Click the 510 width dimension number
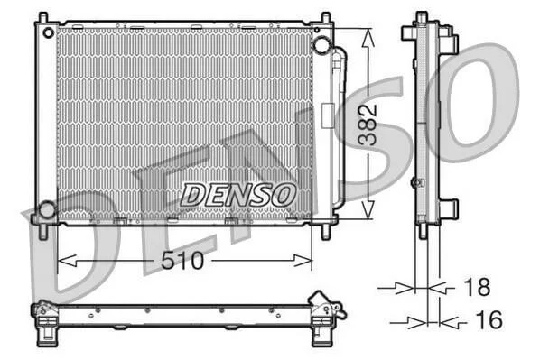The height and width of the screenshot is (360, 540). [x=183, y=261]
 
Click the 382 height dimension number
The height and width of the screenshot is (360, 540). [x=368, y=125]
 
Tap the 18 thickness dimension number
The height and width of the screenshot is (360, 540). [x=477, y=286]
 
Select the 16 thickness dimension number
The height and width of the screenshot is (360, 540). [x=489, y=319]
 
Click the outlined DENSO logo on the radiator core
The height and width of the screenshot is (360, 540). [x=238, y=195]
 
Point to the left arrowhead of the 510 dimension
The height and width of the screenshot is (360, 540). [x=67, y=261]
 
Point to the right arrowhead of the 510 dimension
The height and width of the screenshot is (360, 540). [x=303, y=261]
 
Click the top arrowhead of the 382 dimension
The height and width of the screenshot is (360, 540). [x=368, y=38]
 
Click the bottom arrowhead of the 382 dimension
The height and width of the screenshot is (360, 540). [x=368, y=209]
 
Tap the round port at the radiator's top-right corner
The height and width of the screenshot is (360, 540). [x=321, y=45]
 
